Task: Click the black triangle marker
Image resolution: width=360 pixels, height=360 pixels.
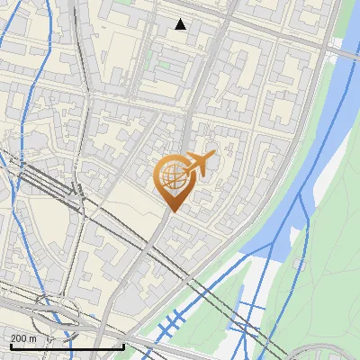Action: [x=181, y=24]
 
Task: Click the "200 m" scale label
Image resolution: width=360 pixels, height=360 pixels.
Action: [x=22, y=338]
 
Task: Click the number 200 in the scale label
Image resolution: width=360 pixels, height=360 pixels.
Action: [x=18, y=338]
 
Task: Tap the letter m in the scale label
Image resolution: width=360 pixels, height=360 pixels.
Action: [x=32, y=338]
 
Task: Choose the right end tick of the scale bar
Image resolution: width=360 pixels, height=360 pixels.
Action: [x=123, y=345]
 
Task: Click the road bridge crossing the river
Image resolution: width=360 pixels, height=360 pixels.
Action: [x=335, y=53]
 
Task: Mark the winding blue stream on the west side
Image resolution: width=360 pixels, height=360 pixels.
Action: [x=22, y=90]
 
